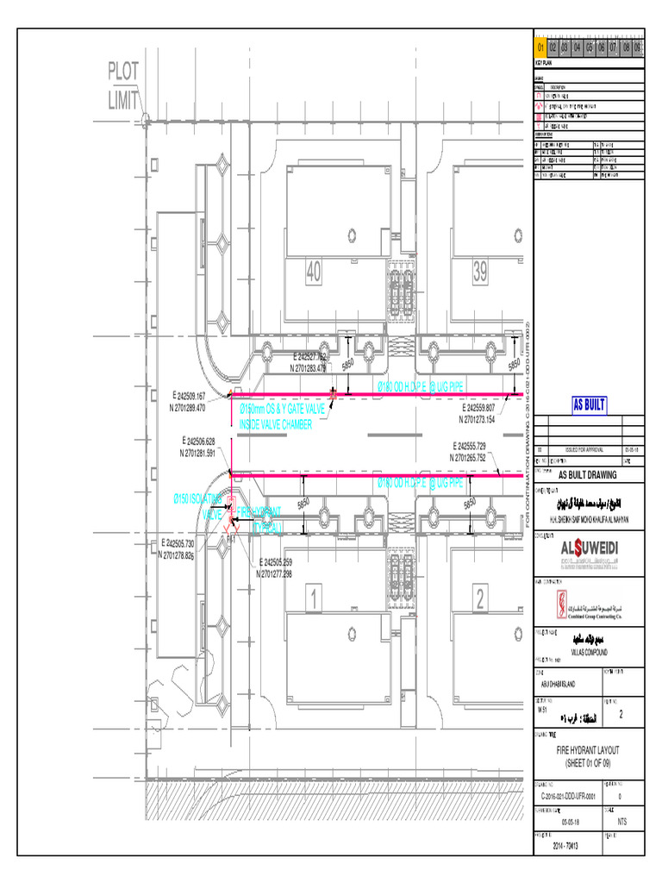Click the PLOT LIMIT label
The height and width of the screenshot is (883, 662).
click(123, 85)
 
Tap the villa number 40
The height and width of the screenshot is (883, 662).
click(312, 273)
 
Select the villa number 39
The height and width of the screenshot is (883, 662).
click(479, 273)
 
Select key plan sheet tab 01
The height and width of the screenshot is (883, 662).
click(540, 47)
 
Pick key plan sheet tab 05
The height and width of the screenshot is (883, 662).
click(589, 47)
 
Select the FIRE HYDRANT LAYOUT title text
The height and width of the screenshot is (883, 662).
click(589, 757)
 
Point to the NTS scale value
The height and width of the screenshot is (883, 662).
click(622, 823)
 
